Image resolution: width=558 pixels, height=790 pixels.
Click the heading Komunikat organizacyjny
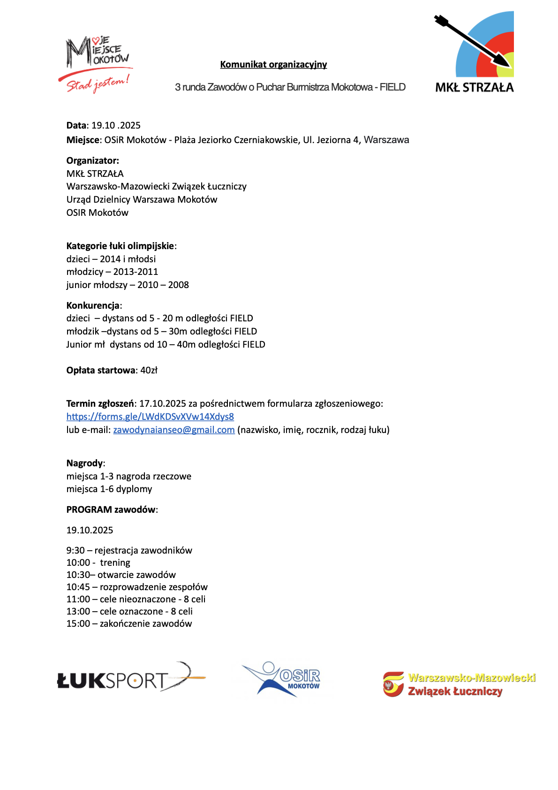(273, 64)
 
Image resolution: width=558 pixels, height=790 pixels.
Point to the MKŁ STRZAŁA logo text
(474, 87)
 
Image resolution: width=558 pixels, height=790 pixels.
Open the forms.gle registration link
(150, 417)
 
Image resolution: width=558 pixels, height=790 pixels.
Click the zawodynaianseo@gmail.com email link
(174, 430)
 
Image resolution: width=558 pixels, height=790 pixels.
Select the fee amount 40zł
(149, 370)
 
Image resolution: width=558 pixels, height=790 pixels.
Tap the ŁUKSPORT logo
(131, 678)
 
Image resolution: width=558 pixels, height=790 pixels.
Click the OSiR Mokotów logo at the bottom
(281, 679)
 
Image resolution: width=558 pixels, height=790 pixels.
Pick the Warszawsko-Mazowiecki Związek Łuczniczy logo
(460, 684)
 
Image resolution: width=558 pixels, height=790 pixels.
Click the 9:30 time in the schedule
(75, 550)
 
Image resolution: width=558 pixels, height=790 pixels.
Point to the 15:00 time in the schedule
(78, 623)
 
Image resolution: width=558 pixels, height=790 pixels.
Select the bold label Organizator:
(93, 160)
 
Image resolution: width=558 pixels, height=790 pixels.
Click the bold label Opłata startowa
(101, 370)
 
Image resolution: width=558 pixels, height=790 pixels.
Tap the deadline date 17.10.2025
(163, 403)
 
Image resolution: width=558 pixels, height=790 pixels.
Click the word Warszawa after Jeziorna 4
(386, 140)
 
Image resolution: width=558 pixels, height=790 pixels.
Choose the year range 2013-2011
(136, 272)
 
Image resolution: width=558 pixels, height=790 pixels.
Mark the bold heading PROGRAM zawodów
(111, 509)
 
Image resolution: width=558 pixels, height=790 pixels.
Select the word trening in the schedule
(115, 562)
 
